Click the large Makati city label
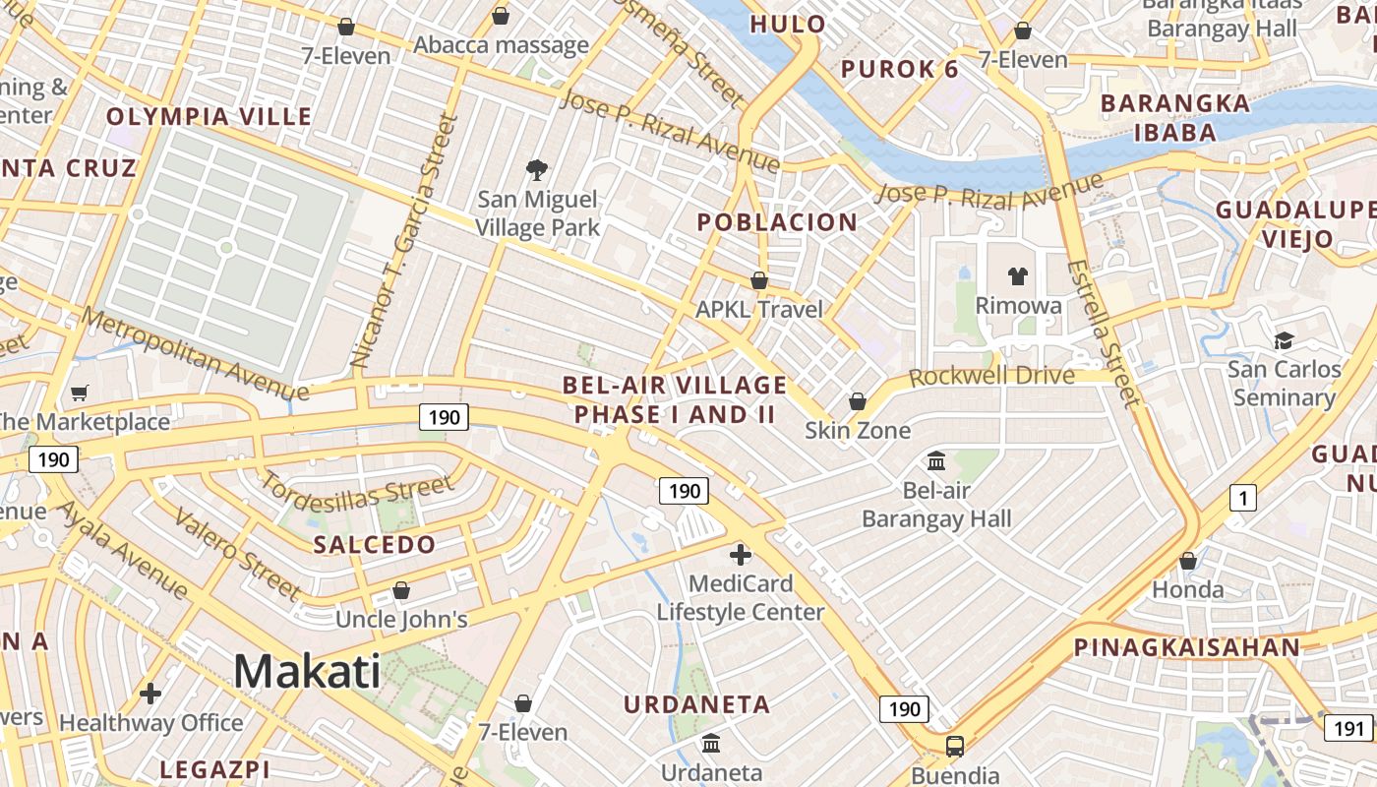point(307,672)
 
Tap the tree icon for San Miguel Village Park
point(537,171)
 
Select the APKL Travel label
point(759,310)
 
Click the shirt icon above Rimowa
point(1018,276)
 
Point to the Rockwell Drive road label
point(991,377)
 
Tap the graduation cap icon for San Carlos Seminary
point(1284,341)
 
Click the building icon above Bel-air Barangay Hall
point(936,460)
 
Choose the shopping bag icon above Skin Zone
point(858,401)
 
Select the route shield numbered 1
point(1243,499)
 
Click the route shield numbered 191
point(1347,728)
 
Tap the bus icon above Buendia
point(954,747)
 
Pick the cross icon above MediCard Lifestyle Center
point(741,555)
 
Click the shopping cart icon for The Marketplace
point(80,393)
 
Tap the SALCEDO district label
point(374,545)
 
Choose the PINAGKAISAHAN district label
point(1186,647)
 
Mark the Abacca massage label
point(501,45)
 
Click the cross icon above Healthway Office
point(150,694)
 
